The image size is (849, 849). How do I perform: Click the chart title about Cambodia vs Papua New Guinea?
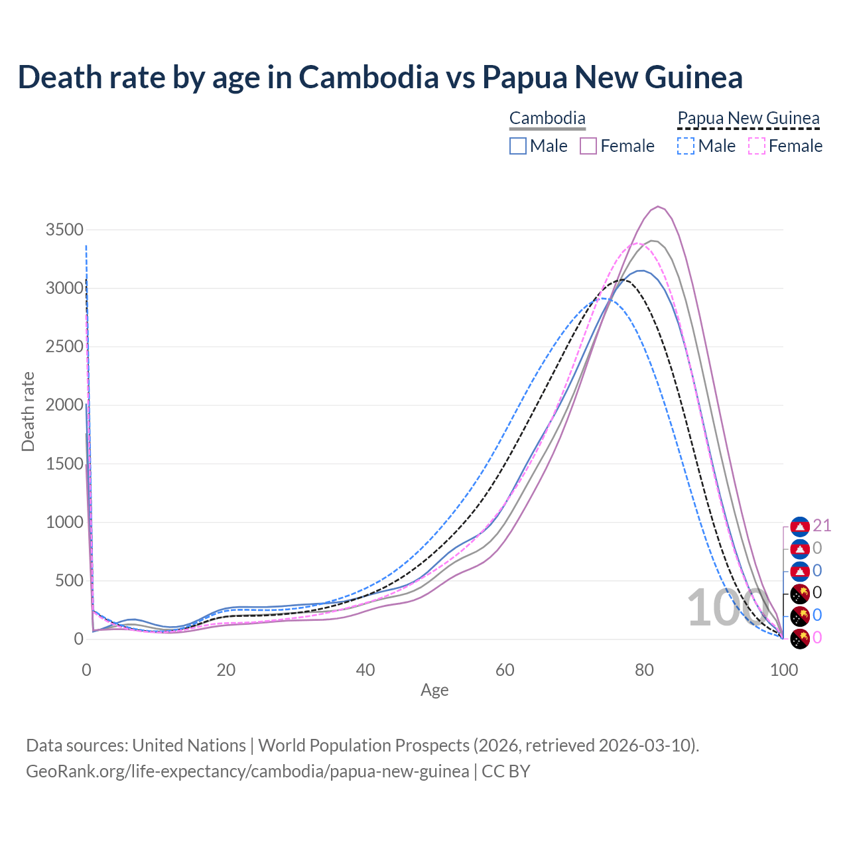(x=380, y=77)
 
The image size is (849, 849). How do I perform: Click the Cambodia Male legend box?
(x=518, y=146)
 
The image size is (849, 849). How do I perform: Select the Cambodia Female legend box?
(x=588, y=146)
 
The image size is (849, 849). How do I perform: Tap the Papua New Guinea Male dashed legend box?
(x=686, y=146)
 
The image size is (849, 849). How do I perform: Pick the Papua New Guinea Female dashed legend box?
(x=756, y=146)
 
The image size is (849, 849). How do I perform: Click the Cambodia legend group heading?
(x=547, y=119)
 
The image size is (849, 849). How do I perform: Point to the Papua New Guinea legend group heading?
(x=748, y=119)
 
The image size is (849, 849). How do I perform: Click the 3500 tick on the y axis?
(x=64, y=230)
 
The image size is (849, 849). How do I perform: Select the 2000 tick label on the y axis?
(x=64, y=405)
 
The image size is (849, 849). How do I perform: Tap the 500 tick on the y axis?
(x=68, y=581)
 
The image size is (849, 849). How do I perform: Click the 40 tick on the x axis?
(x=365, y=670)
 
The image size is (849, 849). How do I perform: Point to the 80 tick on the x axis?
(x=644, y=670)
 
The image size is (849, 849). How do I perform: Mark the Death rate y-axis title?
(x=28, y=412)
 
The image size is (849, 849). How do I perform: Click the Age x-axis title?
(x=434, y=690)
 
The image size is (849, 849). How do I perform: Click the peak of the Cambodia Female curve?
(x=657, y=206)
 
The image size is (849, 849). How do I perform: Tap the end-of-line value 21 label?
(x=822, y=526)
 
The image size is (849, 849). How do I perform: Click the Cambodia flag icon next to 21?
(x=801, y=527)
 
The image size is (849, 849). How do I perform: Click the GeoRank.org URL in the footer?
(x=247, y=771)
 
